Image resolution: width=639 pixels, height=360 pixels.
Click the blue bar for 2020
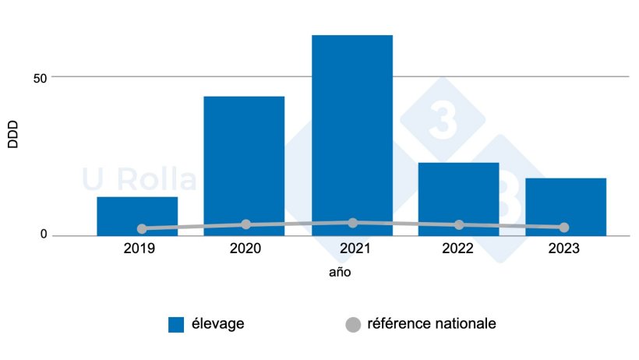(x=244, y=165)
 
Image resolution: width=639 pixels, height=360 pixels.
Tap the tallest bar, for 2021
(x=351, y=135)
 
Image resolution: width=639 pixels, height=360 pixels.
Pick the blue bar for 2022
(x=458, y=198)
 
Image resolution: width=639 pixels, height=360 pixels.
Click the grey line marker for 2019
(x=142, y=229)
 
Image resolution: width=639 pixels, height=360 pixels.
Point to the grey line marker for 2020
(x=246, y=224)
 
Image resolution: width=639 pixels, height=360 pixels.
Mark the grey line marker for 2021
(x=353, y=223)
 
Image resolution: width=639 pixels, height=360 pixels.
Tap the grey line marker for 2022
(x=459, y=225)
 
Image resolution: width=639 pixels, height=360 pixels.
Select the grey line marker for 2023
(x=564, y=228)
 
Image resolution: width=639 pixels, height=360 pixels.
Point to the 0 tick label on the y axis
(x=44, y=235)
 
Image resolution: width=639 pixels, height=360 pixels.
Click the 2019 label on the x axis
(x=139, y=249)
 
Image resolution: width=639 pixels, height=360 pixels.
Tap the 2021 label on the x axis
(x=351, y=249)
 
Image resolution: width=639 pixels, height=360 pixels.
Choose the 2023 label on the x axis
(x=565, y=249)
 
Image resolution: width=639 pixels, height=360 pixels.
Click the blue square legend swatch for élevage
(x=176, y=324)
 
